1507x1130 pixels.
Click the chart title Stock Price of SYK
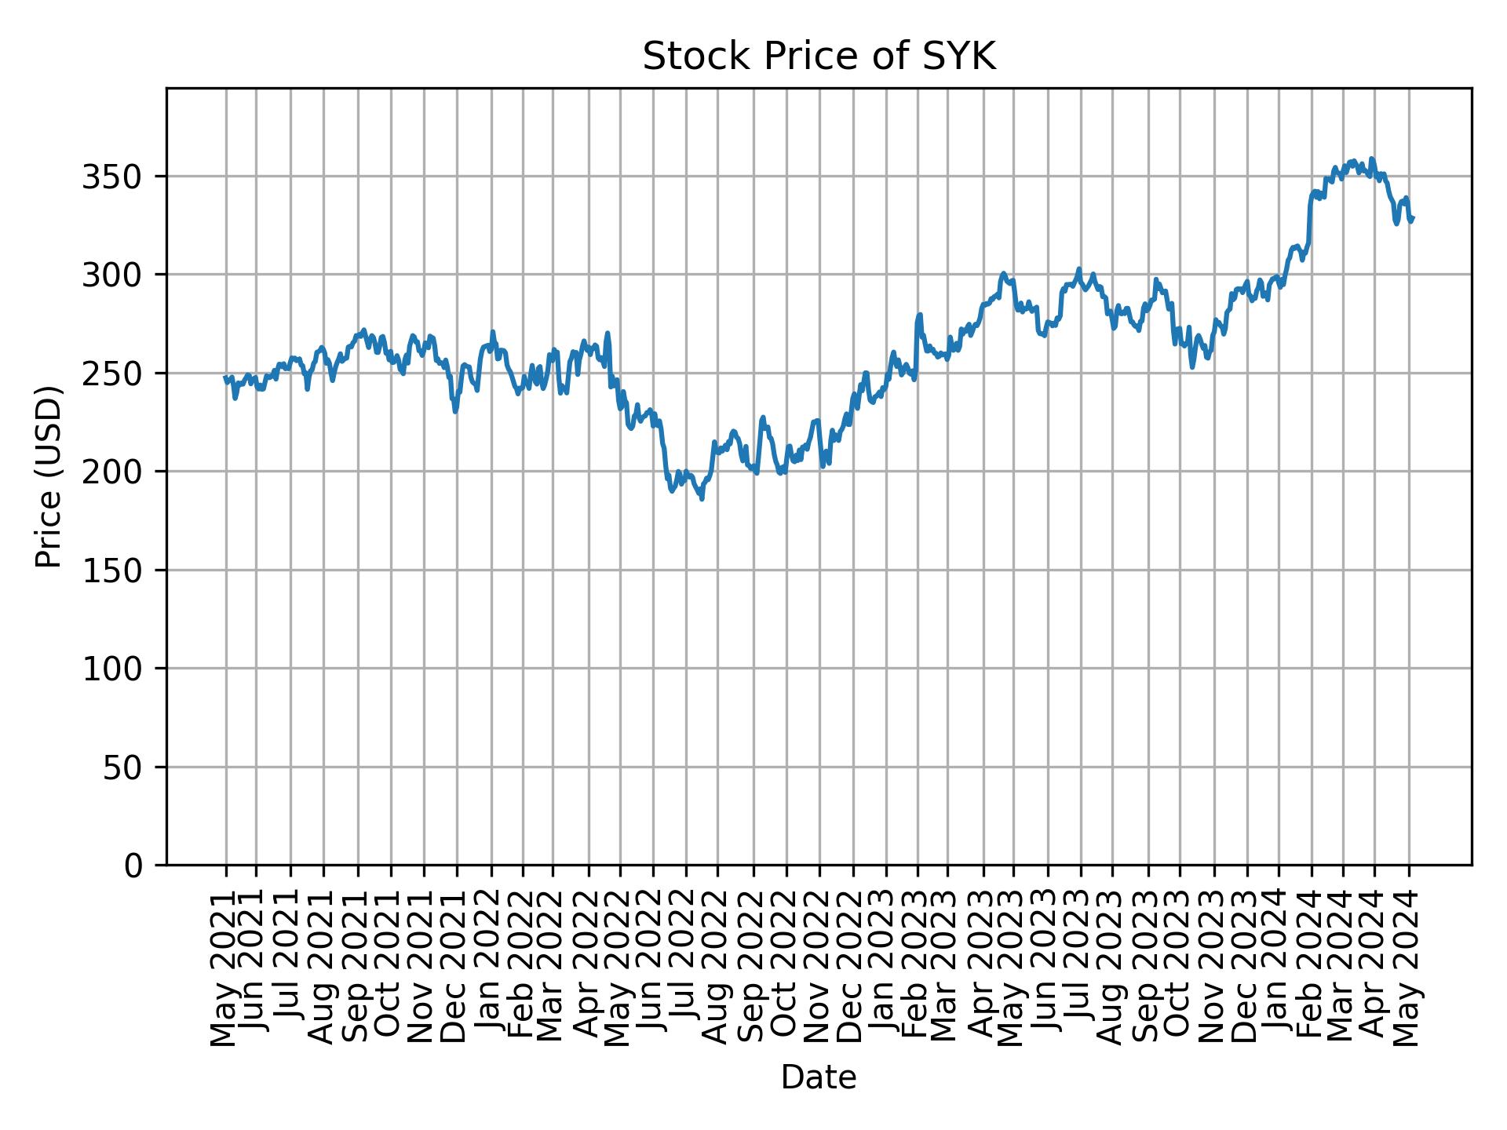click(819, 57)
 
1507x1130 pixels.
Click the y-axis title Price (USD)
click(49, 476)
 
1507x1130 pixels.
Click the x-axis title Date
click(819, 1077)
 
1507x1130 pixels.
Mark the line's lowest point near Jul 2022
click(702, 499)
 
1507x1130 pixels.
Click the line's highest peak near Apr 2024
click(1371, 159)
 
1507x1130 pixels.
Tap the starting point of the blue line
click(225, 377)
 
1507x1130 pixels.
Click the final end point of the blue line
click(1413, 218)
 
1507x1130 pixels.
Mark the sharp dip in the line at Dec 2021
click(455, 411)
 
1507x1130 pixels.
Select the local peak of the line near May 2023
click(1003, 273)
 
